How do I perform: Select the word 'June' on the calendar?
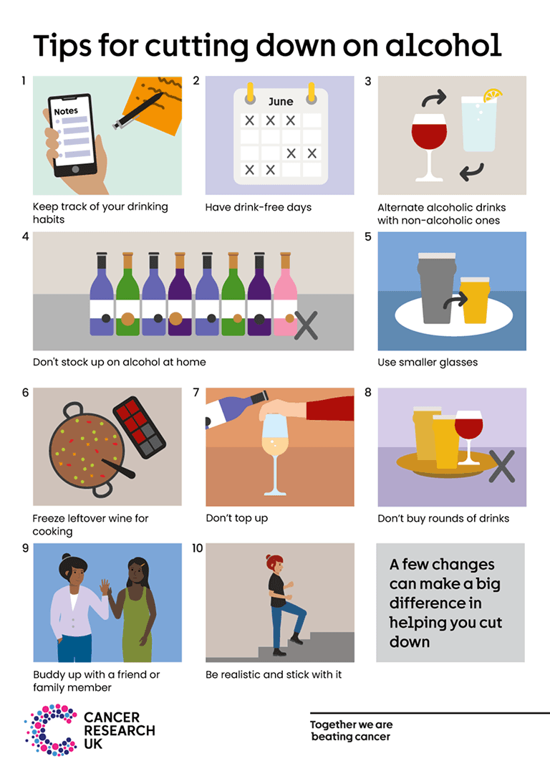tap(280, 102)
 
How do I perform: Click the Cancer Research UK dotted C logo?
tap(50, 730)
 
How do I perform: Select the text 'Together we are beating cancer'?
tap(351, 730)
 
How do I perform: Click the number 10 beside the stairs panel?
tap(197, 548)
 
